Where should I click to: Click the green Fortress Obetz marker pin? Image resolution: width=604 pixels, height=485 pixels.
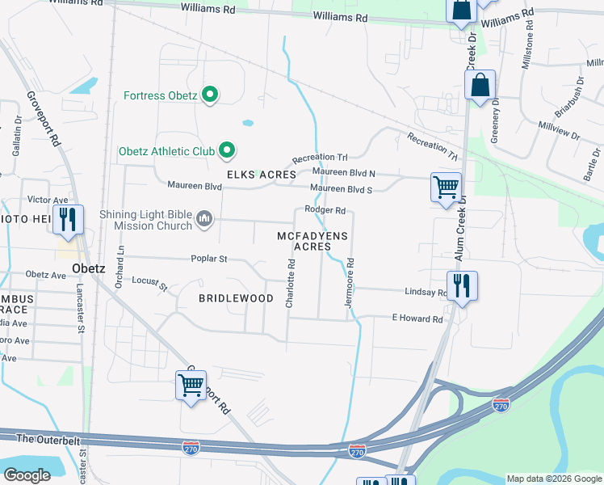[210, 95]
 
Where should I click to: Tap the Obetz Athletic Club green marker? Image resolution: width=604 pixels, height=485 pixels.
[227, 150]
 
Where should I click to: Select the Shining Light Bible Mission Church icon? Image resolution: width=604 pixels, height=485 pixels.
[205, 220]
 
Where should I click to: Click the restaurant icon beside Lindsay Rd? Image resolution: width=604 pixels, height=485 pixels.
[462, 286]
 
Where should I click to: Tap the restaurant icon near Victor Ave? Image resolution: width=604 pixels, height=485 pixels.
[66, 220]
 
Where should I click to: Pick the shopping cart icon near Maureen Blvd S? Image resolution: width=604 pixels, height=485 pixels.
[446, 188]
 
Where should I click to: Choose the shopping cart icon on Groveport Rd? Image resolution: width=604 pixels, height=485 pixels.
[191, 386]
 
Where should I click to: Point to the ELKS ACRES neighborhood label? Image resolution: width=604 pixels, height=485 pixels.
[256, 175]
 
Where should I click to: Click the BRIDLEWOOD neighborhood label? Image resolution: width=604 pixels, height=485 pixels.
[237, 298]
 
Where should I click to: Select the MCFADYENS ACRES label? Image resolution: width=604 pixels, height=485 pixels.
[312, 241]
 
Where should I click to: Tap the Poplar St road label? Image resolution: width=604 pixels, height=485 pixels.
[209, 259]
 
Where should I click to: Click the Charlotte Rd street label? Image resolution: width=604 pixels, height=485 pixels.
[289, 283]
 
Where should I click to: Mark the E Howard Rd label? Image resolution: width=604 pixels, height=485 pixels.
[417, 318]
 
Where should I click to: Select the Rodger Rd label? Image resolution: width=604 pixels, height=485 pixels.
[325, 210]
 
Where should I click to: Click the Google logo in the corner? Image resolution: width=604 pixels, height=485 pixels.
[27, 474]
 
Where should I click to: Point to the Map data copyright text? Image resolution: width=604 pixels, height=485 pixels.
[553, 479]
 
